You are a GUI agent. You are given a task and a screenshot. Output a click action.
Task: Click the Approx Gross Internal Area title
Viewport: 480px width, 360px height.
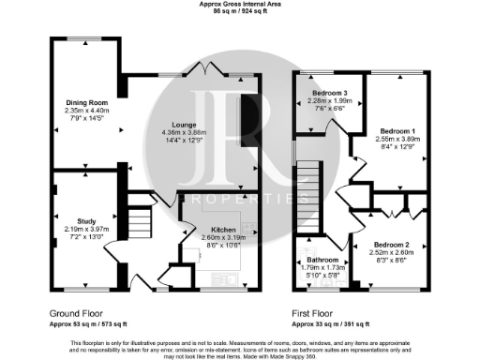pos(239,5)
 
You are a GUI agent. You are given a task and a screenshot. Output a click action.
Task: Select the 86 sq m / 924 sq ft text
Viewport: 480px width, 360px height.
pos(239,13)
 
